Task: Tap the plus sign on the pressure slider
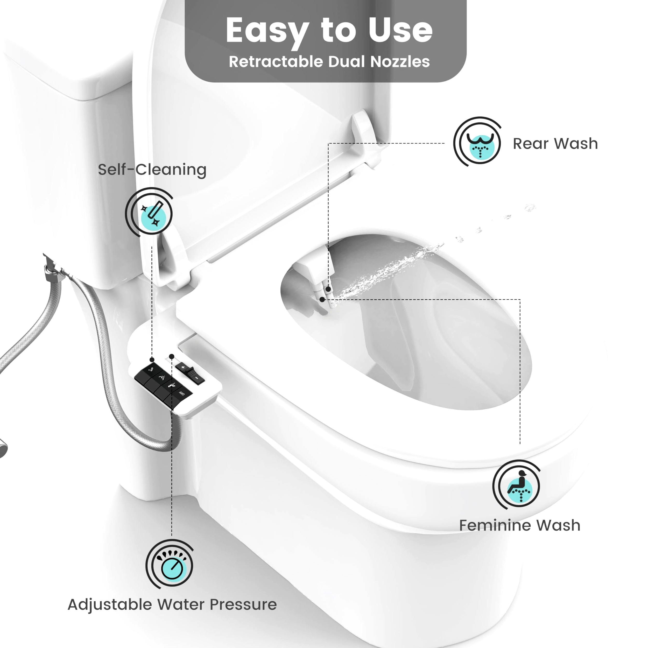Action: click(x=183, y=368)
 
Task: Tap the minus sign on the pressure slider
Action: click(x=197, y=378)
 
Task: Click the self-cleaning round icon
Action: click(x=149, y=212)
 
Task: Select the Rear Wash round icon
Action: click(x=477, y=141)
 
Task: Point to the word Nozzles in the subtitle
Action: click(x=399, y=62)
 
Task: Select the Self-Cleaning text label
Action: click(x=152, y=169)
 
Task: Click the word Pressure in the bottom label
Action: click(x=243, y=605)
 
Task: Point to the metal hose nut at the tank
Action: click(x=50, y=268)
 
